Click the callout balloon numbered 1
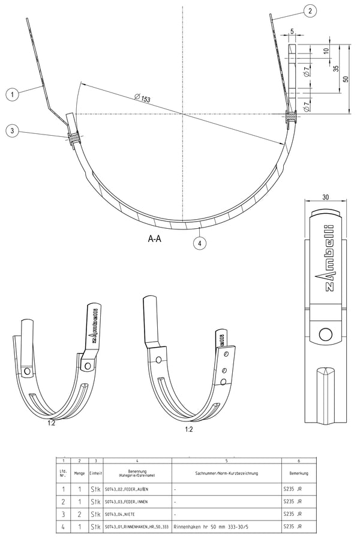click(11, 93)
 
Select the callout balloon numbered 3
click(12, 131)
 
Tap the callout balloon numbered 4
click(199, 243)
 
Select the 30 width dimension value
click(325, 197)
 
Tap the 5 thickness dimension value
click(291, 31)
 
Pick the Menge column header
click(79, 474)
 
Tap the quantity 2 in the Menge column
click(79, 514)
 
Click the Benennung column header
click(137, 474)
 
